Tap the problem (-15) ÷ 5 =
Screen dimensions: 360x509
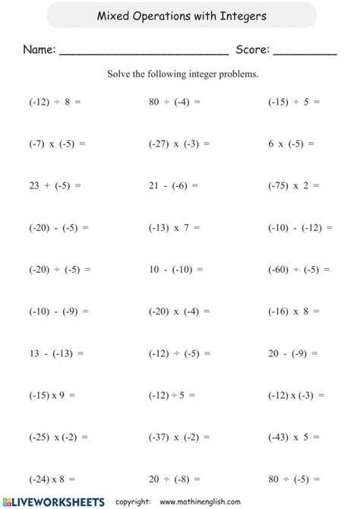pyautogui.click(x=294, y=100)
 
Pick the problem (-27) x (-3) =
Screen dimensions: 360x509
pyautogui.click(x=179, y=142)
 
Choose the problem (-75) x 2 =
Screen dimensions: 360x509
pyautogui.click(x=294, y=185)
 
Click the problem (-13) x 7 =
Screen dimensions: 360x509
pyautogui.click(x=175, y=226)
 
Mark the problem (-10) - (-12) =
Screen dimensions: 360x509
pyautogui.click(x=300, y=226)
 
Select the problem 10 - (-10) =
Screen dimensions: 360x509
pyautogui.click(x=176, y=269)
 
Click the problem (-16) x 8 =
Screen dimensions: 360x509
pyautogui.click(x=294, y=311)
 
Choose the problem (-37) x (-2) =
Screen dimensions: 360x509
pyautogui.click(x=179, y=437)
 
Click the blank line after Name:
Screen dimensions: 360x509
pyautogui.click(x=144, y=52)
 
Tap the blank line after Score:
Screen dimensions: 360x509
pyautogui.click(x=305, y=52)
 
